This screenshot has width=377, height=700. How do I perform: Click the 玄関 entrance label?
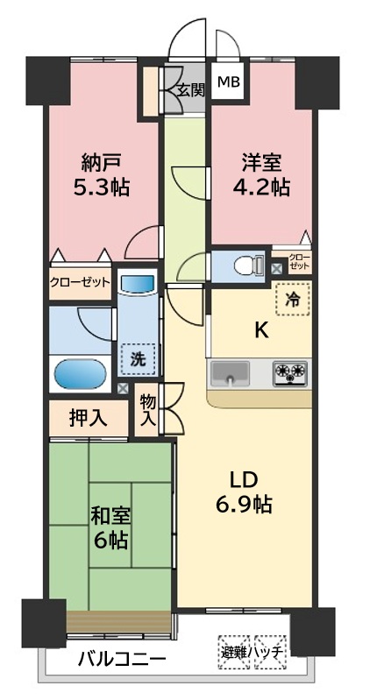click(191, 91)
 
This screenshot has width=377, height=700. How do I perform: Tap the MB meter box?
click(228, 82)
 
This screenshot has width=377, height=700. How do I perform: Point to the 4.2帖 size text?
click(261, 187)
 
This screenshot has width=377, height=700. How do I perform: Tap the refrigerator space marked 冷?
click(294, 299)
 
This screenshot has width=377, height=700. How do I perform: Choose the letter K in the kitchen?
click(261, 331)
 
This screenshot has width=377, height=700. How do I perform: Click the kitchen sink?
click(230, 373)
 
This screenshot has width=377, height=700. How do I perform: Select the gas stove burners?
click(290, 372)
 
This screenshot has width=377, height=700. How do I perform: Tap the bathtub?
click(81, 374)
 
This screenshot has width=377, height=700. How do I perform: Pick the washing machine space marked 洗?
click(138, 359)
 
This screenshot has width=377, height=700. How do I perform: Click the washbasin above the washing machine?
click(137, 284)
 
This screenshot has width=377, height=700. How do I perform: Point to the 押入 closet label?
click(88, 418)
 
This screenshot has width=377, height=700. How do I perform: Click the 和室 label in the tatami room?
click(110, 517)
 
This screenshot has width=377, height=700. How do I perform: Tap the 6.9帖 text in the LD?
click(245, 505)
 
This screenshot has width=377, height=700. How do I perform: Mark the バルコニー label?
click(123, 659)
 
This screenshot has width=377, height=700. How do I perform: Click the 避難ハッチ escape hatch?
click(253, 652)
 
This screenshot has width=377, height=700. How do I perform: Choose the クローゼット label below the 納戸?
click(80, 282)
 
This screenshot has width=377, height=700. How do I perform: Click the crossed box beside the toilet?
click(277, 269)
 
